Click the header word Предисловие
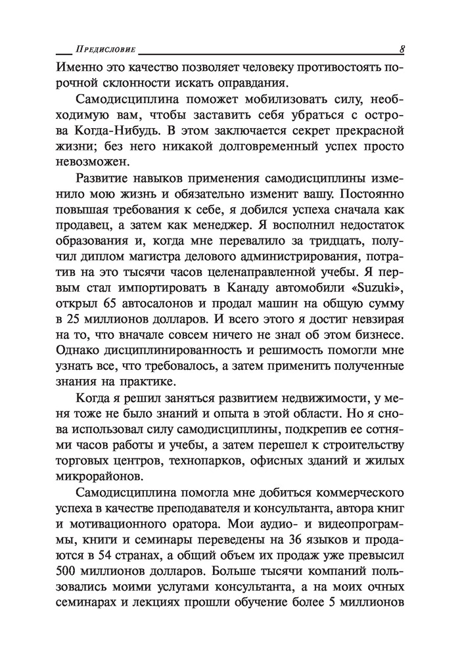(105, 50)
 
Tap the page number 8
(401, 50)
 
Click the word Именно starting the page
(77, 67)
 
